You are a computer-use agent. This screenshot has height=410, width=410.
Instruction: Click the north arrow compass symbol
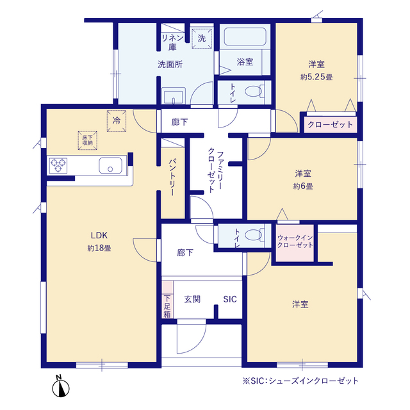tap(61, 386)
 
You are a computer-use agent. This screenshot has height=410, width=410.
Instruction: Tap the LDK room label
tap(99, 235)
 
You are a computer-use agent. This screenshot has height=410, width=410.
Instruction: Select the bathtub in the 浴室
tap(245, 37)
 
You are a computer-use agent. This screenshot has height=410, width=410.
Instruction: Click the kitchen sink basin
tap(110, 165)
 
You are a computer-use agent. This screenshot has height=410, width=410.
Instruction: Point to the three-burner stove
tap(58, 165)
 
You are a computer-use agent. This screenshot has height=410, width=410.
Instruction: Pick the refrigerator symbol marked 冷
tap(117, 121)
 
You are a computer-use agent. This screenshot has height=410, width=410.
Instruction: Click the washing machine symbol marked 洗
tap(202, 38)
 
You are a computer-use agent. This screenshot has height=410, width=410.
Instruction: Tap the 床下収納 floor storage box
tap(88, 140)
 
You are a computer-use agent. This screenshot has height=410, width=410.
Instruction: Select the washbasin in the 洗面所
tap(174, 96)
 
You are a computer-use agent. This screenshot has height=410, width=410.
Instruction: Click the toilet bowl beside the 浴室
tap(254, 92)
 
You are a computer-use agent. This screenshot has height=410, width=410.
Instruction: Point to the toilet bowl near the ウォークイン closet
tap(254, 234)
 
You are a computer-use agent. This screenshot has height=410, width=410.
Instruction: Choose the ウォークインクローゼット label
tap(295, 242)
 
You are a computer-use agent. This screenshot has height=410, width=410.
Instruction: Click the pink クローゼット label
tap(331, 124)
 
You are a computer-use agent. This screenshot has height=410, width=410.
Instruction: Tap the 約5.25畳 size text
tap(316, 77)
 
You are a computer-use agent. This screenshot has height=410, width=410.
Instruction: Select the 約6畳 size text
tap(303, 186)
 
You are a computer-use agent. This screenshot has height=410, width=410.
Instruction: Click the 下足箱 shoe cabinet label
tap(167, 306)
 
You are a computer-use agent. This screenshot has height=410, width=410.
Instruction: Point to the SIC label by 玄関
tap(230, 299)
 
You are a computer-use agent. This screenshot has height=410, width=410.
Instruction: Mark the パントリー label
tap(172, 177)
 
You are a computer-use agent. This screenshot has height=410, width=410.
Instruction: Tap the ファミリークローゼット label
tap(215, 170)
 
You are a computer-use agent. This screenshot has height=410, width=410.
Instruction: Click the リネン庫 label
tap(172, 42)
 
